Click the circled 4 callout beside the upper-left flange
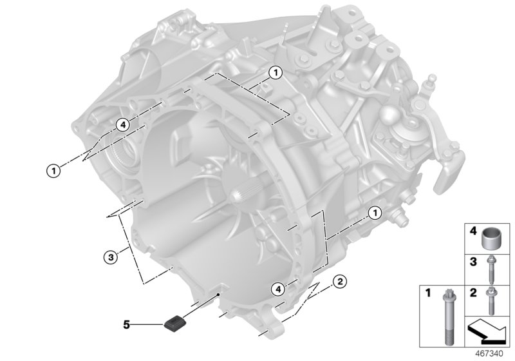pyautogui.click(x=122, y=123)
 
